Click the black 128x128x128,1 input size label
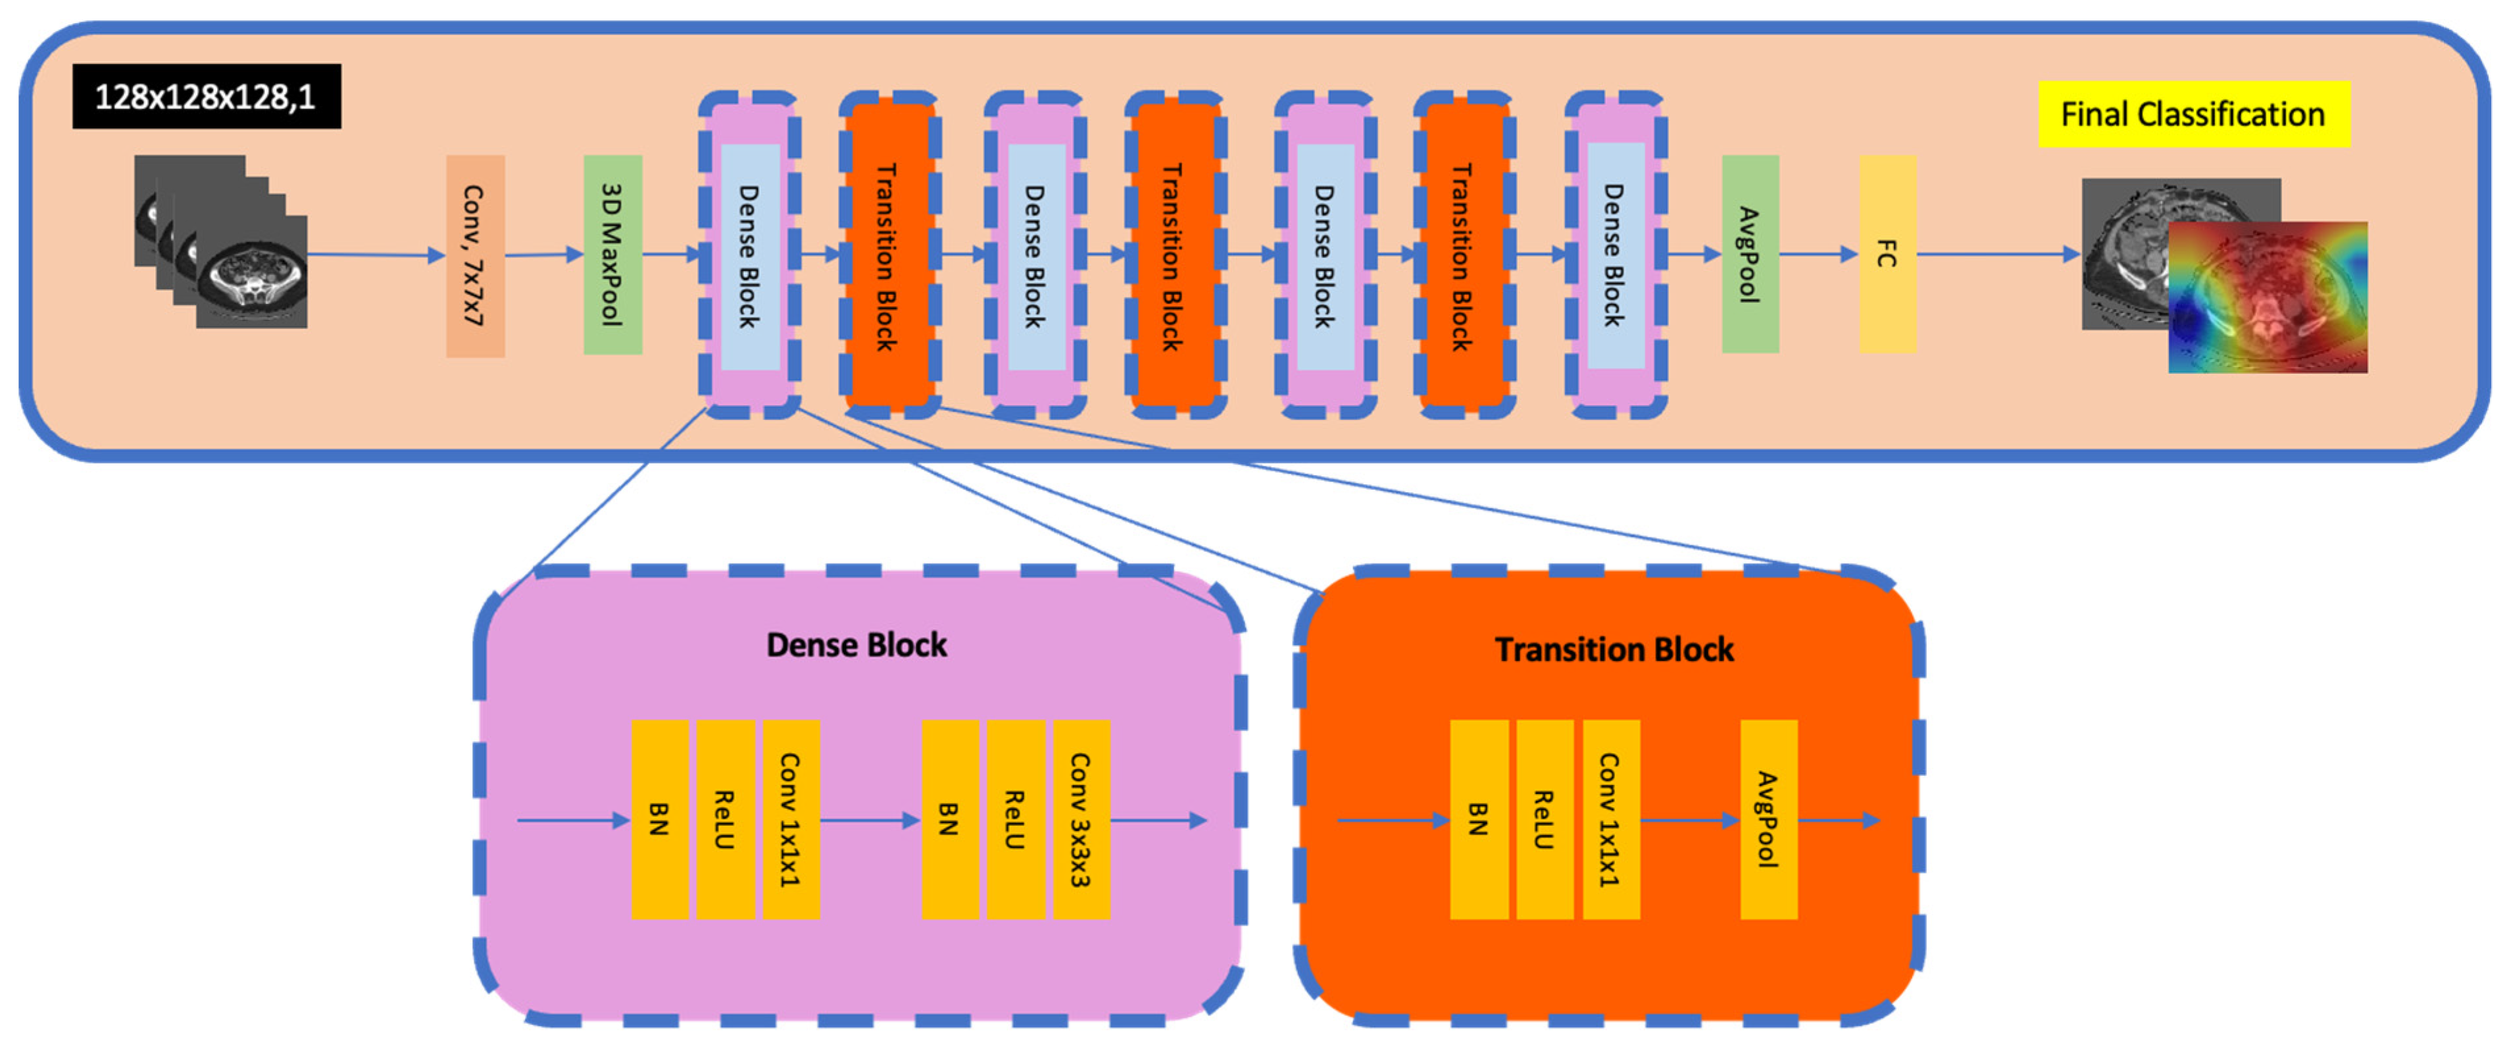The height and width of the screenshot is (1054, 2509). (207, 97)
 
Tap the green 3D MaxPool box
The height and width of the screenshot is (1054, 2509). (612, 254)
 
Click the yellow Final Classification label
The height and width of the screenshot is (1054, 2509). (2193, 114)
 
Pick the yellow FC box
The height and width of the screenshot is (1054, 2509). (1887, 254)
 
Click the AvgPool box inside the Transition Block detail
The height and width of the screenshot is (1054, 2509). (1768, 819)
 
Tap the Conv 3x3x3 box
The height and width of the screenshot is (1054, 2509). (1080, 819)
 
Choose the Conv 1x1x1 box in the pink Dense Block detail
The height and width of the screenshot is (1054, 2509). (790, 819)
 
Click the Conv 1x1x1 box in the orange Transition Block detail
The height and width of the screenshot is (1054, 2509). (1610, 819)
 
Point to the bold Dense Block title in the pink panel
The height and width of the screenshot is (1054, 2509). (856, 645)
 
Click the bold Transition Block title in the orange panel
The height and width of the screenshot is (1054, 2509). (1614, 650)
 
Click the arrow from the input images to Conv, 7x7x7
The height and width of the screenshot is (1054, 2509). (375, 255)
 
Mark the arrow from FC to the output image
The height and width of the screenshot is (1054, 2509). (1997, 254)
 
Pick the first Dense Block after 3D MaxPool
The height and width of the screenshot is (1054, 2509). (749, 256)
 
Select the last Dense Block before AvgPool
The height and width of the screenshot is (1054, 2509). (1615, 256)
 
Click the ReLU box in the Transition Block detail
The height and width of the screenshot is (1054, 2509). (1544, 819)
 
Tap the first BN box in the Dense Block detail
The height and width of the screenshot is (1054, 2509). (659, 819)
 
